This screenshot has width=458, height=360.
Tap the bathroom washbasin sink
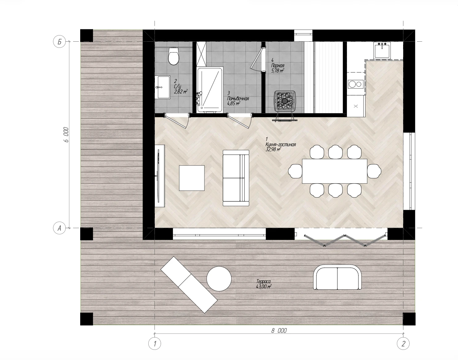click(x=163, y=87)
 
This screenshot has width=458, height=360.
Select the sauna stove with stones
click(x=285, y=101)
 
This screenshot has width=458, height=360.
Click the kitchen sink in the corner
click(x=382, y=50)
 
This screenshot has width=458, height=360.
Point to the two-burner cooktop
click(x=356, y=84)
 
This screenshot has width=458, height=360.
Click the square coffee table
click(x=192, y=178)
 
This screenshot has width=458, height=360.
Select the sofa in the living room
click(x=236, y=178)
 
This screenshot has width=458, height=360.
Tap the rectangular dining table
click(x=335, y=171)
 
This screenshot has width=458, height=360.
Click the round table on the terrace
click(x=219, y=279)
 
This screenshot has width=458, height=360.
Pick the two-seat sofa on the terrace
click(x=337, y=277)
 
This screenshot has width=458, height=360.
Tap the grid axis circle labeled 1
click(x=155, y=344)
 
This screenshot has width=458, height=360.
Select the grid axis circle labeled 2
click(x=403, y=344)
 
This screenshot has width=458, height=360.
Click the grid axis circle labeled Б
click(x=60, y=42)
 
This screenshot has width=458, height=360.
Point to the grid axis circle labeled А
click(x=60, y=228)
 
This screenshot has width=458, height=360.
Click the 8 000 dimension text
click(x=279, y=330)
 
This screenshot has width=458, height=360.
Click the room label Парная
click(x=278, y=66)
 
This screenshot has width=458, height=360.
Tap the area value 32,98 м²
click(x=273, y=150)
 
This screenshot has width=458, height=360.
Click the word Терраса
click(x=263, y=281)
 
